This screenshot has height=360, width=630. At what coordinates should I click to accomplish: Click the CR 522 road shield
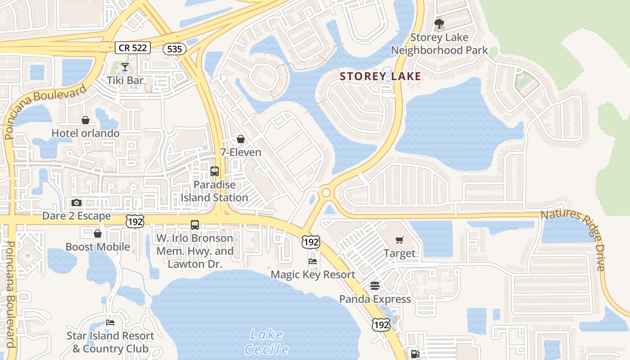(132, 47)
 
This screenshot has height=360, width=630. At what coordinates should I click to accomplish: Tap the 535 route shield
(174, 49)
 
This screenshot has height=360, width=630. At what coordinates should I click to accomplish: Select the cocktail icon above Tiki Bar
(125, 67)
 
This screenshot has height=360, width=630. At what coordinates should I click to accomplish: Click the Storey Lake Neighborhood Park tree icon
(439, 23)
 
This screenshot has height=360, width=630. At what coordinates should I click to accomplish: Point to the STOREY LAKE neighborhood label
(380, 76)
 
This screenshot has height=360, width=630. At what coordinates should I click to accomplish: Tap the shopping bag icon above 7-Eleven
(241, 139)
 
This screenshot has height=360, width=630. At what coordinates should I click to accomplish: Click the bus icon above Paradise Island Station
(215, 171)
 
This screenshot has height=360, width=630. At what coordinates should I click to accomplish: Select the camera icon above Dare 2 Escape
(76, 203)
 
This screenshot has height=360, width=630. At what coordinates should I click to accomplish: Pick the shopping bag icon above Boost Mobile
(98, 234)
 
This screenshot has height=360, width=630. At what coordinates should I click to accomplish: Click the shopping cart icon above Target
(400, 240)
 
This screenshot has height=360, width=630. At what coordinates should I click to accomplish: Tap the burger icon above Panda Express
(375, 286)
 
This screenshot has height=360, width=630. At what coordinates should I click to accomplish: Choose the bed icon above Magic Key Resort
(313, 261)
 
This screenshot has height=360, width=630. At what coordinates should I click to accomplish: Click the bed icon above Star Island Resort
(110, 322)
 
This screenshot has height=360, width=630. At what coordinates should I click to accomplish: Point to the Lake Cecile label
(266, 342)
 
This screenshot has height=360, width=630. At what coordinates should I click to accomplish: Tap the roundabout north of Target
(326, 193)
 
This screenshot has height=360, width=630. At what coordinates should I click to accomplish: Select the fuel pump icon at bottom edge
(414, 354)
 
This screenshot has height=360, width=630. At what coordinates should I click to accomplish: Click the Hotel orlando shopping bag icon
(85, 120)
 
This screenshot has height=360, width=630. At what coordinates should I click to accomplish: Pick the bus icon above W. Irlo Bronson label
(195, 225)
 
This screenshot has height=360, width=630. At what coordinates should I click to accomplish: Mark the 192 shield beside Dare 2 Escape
(135, 221)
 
